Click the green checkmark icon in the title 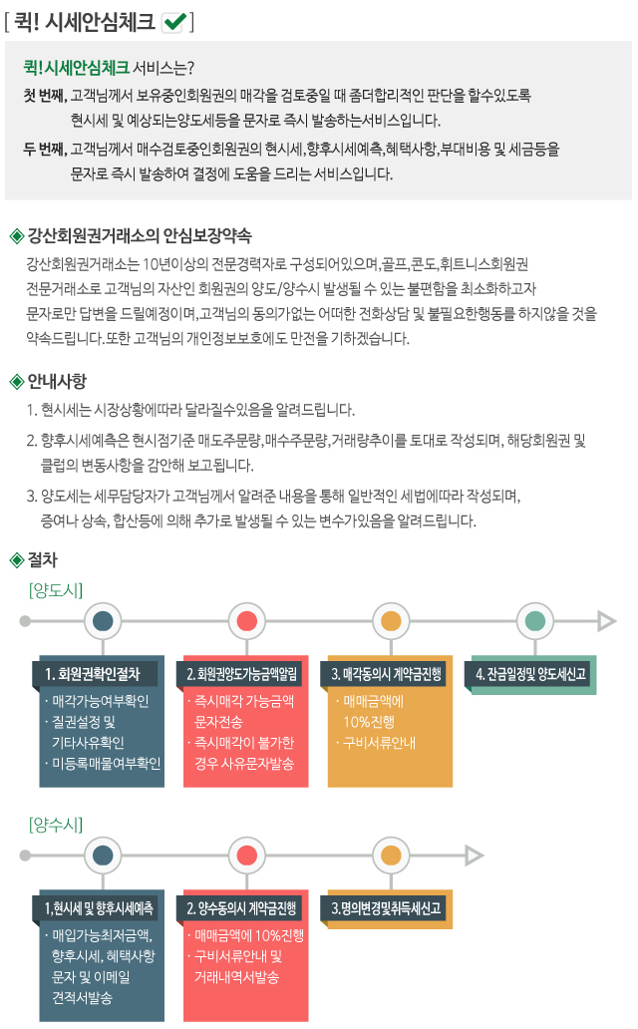(173, 22)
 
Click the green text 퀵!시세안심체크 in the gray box (76, 67)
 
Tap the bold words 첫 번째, (45, 95)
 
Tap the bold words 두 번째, (45, 149)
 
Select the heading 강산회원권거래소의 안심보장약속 (140, 235)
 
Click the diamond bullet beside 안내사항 (16, 381)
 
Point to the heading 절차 (43, 559)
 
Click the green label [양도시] (56, 590)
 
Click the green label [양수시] (56, 825)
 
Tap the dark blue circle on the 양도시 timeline (103, 621)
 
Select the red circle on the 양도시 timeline (247, 621)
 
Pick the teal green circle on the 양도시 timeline (535, 621)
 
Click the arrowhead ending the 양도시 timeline (606, 621)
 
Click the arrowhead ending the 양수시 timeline (474, 856)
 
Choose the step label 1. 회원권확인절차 (93, 674)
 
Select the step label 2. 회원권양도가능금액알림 (241, 674)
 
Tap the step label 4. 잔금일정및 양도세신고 (530, 674)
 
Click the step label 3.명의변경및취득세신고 (386, 908)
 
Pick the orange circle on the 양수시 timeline (391, 856)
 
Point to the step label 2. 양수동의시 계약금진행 (241, 908)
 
